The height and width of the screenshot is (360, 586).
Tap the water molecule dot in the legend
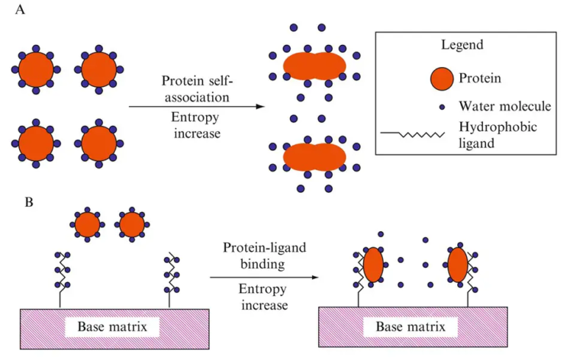click(442, 106)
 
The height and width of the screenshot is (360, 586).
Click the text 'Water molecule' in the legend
click(504, 106)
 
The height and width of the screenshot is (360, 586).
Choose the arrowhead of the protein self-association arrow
click(261, 106)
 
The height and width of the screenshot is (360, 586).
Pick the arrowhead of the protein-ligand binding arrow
click(314, 277)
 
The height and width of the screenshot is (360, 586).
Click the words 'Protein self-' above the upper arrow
click(195, 82)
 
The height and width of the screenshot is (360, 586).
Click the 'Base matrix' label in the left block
click(118, 327)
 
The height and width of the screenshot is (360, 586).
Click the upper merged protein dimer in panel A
click(315, 66)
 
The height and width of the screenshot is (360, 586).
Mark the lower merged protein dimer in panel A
click(314, 156)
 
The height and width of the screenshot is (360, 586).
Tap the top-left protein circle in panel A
click(34, 70)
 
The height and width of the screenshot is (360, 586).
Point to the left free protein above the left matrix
click(87, 225)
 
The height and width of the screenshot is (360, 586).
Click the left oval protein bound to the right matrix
click(372, 265)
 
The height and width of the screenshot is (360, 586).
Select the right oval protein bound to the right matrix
click(456, 265)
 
